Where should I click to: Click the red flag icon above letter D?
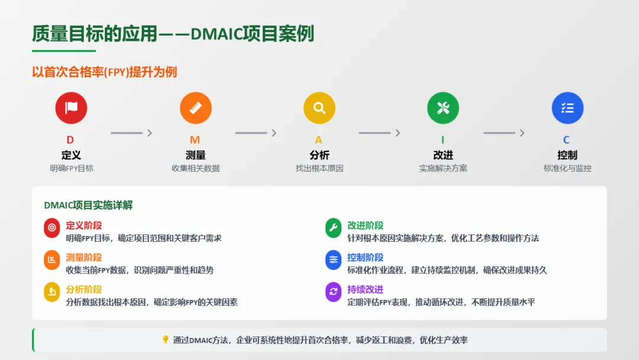[x=71, y=108]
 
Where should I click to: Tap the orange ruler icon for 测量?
[x=196, y=108]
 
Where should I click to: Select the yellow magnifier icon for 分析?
[x=319, y=108]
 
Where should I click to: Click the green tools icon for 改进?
[x=443, y=108]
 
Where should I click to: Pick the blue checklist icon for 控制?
[x=567, y=108]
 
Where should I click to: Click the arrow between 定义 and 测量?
[x=132, y=133]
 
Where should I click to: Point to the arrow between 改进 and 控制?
[x=504, y=133]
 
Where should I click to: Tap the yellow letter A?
[x=319, y=140]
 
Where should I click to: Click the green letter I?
[x=443, y=140]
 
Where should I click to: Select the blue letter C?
[x=567, y=140]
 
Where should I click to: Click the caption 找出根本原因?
[x=319, y=168]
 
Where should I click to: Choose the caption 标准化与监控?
[x=567, y=168]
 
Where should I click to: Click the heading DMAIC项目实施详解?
[x=88, y=205]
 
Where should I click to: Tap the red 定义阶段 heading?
[x=84, y=226]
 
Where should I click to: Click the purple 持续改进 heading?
[x=365, y=290]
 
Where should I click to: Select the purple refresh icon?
[x=334, y=292]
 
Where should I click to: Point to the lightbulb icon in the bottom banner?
[x=166, y=340]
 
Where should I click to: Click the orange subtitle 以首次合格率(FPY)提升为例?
[x=104, y=72]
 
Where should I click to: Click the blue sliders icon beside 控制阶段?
[x=334, y=260]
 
